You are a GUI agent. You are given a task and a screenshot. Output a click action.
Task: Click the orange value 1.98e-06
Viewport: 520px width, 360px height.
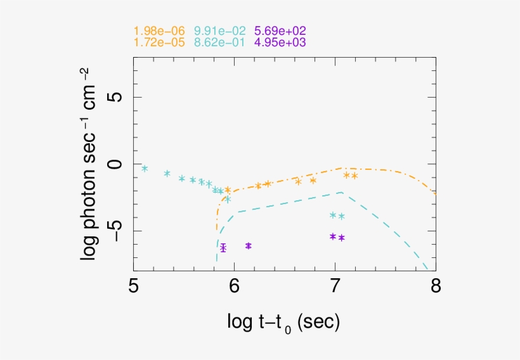pyautogui.click(x=159, y=31)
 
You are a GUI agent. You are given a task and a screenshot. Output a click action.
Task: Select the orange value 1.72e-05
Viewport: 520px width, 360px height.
pyautogui.click(x=159, y=42)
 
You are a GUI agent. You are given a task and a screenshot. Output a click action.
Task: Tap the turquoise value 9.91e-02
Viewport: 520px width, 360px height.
pyautogui.click(x=219, y=31)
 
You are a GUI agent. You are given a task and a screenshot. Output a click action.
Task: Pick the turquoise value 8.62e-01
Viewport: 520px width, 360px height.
pyautogui.click(x=219, y=42)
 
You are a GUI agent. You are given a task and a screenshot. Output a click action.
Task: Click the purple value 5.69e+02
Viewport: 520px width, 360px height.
pyautogui.click(x=280, y=31)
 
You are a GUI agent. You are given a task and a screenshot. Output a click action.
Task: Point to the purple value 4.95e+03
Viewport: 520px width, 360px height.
pyautogui.click(x=280, y=42)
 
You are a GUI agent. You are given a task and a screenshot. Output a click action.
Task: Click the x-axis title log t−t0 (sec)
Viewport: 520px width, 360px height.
pyautogui.click(x=283, y=322)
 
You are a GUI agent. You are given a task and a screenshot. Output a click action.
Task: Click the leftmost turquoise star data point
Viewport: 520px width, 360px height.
pyautogui.click(x=145, y=168)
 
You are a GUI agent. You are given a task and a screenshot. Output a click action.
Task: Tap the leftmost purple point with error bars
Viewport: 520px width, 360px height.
pyautogui.click(x=223, y=248)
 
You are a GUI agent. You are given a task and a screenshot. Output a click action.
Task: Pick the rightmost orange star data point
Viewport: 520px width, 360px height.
pyautogui.click(x=354, y=176)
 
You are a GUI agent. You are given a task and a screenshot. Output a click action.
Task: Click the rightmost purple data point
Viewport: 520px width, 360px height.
pyautogui.click(x=341, y=238)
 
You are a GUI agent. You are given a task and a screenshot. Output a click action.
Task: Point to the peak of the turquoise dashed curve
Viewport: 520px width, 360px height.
pyautogui.click(x=342, y=192)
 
